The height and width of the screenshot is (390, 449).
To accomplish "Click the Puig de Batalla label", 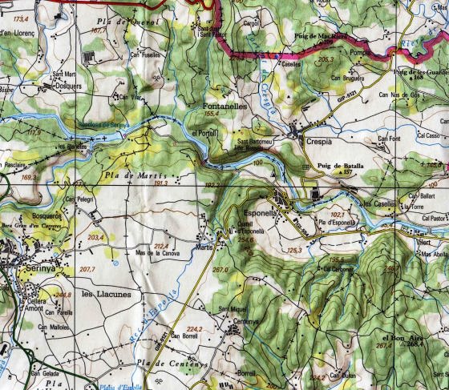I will point(335,165).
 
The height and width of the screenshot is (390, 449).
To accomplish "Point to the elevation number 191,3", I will point(160,183).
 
